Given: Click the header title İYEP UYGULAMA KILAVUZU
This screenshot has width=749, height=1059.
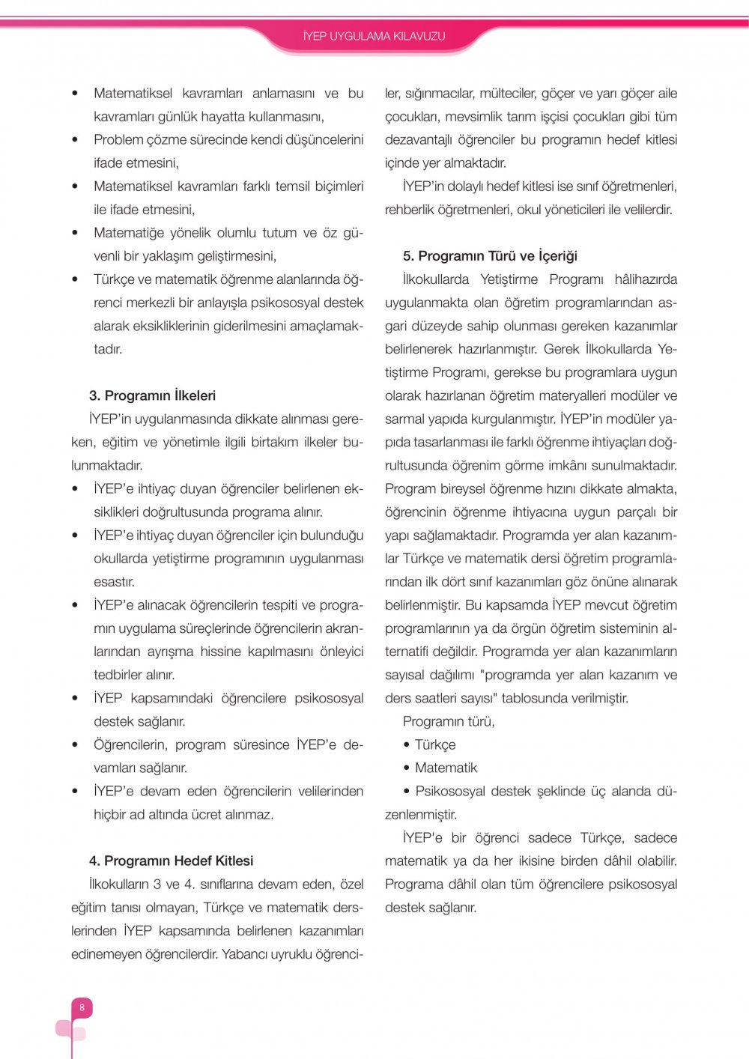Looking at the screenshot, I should point(374,36).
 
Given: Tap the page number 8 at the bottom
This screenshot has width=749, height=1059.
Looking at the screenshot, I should point(82,1007).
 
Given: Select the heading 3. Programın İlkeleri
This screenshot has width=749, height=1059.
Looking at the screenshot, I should point(152,395).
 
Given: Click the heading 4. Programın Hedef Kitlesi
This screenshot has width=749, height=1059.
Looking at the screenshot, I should point(171,861).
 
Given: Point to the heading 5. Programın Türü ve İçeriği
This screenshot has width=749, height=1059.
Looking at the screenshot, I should point(490,256).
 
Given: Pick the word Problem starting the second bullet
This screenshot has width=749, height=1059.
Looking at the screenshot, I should point(118,140).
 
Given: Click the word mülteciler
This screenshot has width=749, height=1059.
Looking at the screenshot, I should point(507,94).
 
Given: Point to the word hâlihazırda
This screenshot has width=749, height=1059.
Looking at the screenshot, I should point(646,279).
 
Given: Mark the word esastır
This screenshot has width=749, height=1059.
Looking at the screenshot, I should point(114,582).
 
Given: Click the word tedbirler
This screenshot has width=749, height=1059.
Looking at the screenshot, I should point(118,675).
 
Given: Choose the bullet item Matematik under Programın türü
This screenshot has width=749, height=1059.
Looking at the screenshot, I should point(446,768).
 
